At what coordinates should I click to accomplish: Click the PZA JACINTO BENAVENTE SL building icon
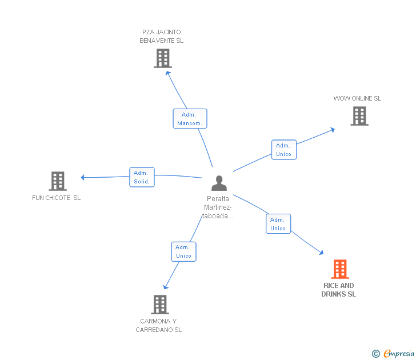(x=163, y=58)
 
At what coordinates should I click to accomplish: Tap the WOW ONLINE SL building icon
(x=359, y=116)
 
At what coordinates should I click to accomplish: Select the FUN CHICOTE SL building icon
(x=58, y=181)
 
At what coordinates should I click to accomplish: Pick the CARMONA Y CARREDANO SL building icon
(x=160, y=305)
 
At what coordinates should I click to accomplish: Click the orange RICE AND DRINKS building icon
(x=339, y=269)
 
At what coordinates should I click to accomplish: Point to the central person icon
(x=219, y=183)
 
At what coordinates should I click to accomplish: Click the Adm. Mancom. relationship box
(x=190, y=119)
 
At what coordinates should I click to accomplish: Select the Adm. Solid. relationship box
(x=142, y=177)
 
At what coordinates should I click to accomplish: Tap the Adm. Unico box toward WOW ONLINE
(x=283, y=150)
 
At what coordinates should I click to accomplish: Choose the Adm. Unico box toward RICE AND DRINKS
(x=278, y=224)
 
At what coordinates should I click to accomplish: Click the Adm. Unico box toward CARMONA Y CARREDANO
(x=183, y=251)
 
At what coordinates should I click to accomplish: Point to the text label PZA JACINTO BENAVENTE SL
(x=162, y=37)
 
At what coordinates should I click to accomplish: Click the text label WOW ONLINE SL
(x=357, y=98)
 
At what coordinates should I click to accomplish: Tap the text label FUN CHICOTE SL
(x=57, y=198)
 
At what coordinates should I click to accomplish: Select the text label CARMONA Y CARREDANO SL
(x=159, y=325)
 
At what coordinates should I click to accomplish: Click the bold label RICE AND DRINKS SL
(x=338, y=290)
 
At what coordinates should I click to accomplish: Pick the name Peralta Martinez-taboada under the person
(x=218, y=207)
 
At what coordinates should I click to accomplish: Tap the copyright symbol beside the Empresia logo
(x=376, y=354)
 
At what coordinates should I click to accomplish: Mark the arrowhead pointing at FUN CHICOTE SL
(x=83, y=177)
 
